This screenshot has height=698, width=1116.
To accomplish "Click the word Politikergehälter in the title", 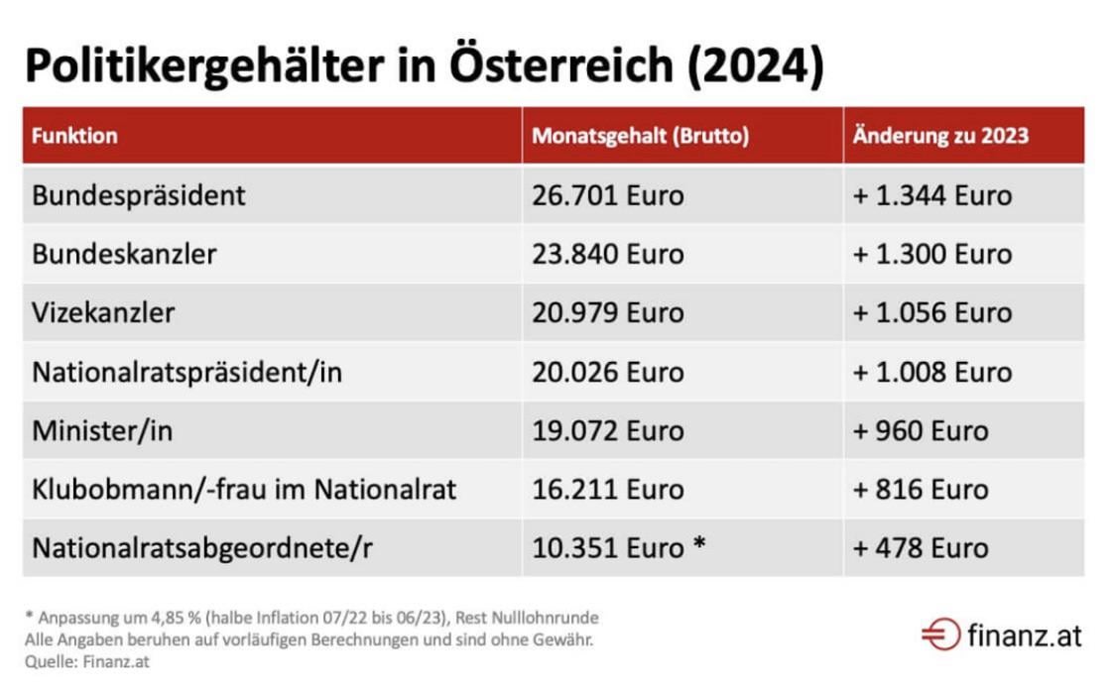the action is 205,67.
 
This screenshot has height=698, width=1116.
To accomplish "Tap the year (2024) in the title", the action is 756,66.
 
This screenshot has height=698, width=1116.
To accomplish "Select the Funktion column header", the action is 74,135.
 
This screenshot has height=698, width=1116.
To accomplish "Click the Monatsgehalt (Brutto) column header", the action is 641,136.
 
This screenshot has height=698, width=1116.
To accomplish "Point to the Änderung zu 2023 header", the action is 941,135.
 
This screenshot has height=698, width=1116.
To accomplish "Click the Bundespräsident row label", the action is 139,195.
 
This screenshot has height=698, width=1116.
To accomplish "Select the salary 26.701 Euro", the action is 608,195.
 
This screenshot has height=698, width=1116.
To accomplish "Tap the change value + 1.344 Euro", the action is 931,195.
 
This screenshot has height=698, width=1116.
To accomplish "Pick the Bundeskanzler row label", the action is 125,254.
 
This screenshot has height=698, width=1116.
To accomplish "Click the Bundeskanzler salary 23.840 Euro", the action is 608,254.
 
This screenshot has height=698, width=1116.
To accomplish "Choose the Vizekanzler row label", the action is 103,312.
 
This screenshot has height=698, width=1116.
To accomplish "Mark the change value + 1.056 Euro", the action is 931,312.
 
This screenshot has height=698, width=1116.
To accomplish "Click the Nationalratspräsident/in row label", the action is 187,372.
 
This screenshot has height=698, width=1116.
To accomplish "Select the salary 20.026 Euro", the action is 608,372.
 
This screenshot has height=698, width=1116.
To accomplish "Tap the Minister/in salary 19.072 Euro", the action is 608,430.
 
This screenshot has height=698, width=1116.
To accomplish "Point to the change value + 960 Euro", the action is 921,430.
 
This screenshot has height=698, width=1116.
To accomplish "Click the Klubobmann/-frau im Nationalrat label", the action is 244,489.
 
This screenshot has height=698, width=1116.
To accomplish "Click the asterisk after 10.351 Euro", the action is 699,542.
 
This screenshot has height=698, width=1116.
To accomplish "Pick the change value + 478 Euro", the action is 921,548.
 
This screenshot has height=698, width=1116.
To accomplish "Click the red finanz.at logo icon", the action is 941,634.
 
